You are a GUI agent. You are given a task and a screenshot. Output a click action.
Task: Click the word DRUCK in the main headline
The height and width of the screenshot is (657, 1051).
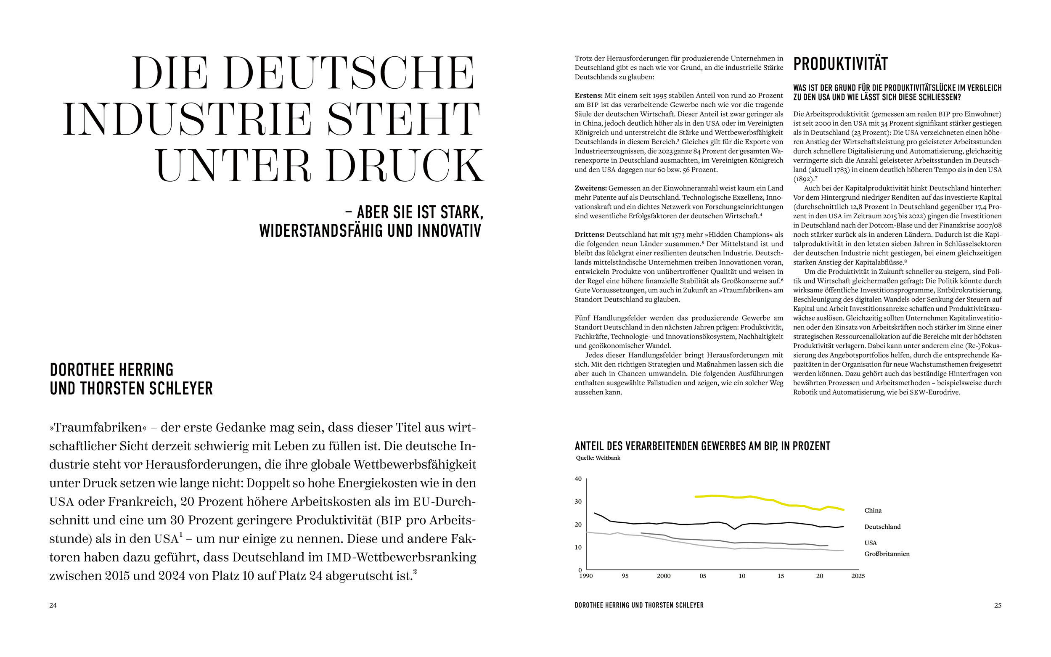405,166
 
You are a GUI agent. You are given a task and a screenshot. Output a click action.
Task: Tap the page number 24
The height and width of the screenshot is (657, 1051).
53,605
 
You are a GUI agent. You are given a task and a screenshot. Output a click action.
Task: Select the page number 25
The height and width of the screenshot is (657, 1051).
998,605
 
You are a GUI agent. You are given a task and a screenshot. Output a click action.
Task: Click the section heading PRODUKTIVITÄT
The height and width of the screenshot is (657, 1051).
840,64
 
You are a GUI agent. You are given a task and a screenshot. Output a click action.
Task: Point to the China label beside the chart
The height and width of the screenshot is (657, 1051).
873,511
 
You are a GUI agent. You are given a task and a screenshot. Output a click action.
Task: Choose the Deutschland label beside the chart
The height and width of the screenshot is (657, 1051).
882,527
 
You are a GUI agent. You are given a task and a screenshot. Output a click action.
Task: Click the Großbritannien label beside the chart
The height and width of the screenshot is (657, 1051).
887,554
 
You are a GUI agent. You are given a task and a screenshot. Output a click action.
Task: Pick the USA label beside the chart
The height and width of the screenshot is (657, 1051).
871,543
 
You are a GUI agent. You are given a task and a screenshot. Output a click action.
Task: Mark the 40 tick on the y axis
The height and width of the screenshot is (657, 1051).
578,479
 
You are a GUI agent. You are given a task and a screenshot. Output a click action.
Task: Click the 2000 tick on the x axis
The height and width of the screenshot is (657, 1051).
664,576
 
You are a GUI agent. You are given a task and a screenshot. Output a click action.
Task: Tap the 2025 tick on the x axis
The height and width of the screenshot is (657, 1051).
858,576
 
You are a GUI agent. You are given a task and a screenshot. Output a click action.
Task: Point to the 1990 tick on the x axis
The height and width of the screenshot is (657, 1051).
586,576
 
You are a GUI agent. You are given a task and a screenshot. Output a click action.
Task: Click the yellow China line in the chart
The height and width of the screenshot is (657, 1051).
739,497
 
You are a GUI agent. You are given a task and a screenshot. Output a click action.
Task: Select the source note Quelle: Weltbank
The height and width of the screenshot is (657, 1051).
598,458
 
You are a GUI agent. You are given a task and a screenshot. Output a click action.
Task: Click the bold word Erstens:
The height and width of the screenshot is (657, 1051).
589,95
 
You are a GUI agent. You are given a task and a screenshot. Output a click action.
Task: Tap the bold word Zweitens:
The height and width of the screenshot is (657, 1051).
590,188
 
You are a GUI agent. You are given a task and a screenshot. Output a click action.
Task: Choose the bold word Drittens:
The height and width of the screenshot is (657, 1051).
590,235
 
